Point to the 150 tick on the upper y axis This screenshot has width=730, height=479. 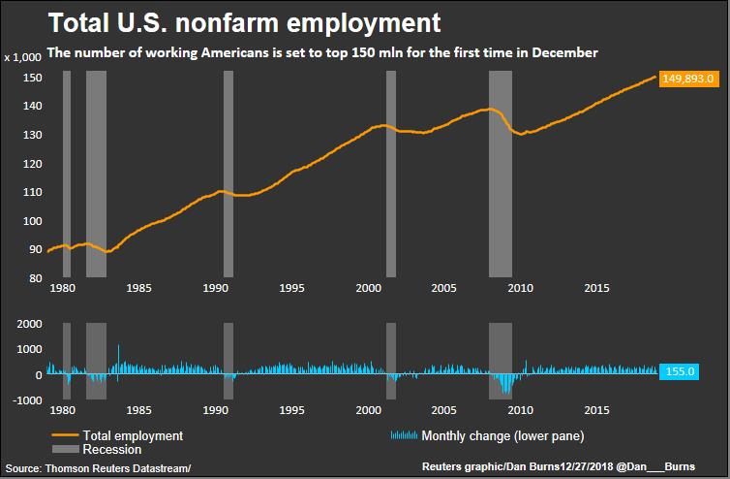[x=33, y=78]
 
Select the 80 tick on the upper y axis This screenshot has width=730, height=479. [x=35, y=278]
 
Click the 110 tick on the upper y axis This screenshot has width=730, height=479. [x=33, y=192]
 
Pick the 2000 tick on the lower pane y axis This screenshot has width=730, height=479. [x=29, y=323]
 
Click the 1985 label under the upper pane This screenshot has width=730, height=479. [x=137, y=288]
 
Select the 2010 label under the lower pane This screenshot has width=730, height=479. [x=521, y=410]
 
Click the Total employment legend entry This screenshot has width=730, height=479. [x=133, y=435]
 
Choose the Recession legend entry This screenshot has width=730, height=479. [x=112, y=449]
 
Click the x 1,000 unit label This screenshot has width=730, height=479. [x=25, y=57]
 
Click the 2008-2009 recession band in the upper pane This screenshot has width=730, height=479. [x=500, y=175]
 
